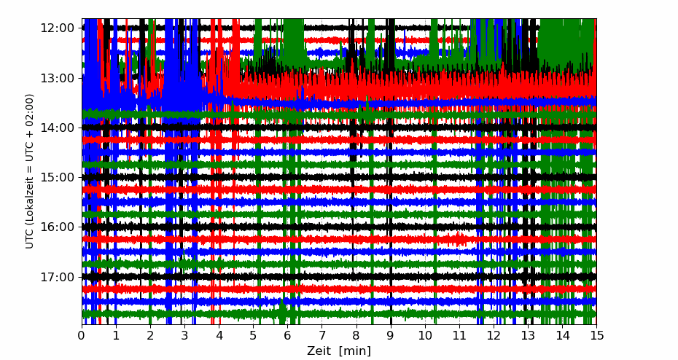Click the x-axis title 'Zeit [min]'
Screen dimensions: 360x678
point(339,351)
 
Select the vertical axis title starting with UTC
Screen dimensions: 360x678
point(30,171)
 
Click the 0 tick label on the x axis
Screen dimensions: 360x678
point(82,335)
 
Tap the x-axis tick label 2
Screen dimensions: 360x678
point(150,335)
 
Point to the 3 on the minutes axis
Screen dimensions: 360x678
point(184,335)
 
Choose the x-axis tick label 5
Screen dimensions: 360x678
point(253,335)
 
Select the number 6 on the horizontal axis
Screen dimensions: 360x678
point(287,335)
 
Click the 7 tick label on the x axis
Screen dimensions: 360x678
point(322,335)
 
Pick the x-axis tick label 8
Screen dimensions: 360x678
point(356,335)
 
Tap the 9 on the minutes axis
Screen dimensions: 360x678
point(390,335)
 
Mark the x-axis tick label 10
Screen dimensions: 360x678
point(424,335)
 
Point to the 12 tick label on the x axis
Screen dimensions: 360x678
point(494,335)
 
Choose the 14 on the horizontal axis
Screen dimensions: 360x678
point(562,335)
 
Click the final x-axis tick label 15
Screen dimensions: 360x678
point(596,335)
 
